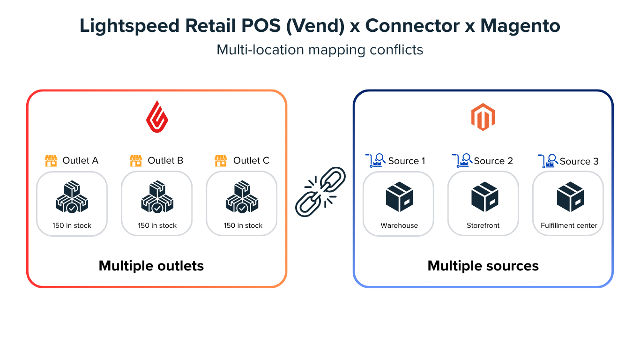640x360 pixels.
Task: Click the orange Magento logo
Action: (x=483, y=117)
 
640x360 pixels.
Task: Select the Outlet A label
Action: (x=80, y=161)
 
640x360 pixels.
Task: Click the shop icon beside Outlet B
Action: (x=136, y=161)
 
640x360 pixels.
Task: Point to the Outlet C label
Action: (x=251, y=161)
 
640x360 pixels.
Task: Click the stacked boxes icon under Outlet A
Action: (x=72, y=197)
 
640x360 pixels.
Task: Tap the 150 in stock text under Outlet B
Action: (x=157, y=225)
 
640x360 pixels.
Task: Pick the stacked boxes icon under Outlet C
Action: (x=242, y=197)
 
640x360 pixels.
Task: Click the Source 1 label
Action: (x=406, y=161)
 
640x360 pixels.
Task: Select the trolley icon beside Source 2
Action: (x=461, y=161)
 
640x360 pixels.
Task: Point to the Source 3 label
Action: (x=579, y=161)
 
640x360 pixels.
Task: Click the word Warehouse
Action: (x=399, y=225)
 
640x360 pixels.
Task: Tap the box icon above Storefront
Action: (x=484, y=197)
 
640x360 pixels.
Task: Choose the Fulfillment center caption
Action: (x=569, y=225)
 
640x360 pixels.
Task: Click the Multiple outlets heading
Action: (x=151, y=266)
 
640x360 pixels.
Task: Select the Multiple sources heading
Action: (x=483, y=266)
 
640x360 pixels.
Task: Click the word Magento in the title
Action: (x=520, y=26)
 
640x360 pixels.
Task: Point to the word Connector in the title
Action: (x=412, y=26)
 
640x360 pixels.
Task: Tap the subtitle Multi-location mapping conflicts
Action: (x=320, y=50)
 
